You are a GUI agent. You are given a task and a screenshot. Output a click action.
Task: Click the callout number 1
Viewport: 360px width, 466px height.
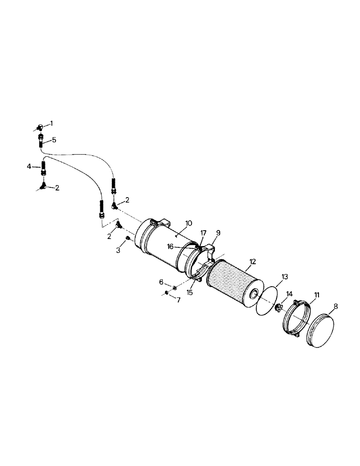pyautogui.click(x=52, y=123)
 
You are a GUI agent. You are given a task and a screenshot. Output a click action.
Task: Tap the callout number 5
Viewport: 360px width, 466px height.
pyautogui.click(x=54, y=139)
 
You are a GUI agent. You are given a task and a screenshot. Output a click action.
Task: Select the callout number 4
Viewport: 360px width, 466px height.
pyautogui.click(x=29, y=166)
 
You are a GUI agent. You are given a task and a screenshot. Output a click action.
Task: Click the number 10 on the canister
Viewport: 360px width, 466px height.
pyautogui.click(x=188, y=223)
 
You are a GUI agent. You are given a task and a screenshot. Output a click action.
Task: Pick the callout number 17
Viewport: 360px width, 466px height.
pyautogui.click(x=203, y=233)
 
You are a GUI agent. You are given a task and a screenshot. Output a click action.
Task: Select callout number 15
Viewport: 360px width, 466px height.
pyautogui.click(x=190, y=293)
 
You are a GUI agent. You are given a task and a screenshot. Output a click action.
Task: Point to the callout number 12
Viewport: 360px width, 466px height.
pyautogui.click(x=252, y=262)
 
